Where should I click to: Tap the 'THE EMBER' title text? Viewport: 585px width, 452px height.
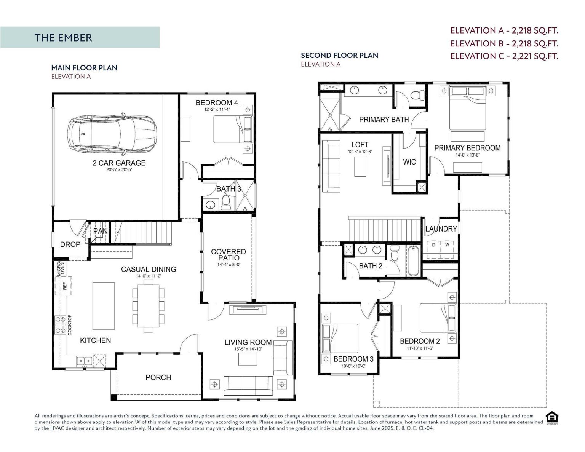pos(63,38)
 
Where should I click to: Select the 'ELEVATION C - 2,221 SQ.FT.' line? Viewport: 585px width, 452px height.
pos(504,56)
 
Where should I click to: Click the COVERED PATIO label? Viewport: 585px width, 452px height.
pos(229,255)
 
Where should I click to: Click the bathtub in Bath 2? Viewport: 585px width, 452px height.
pos(413,261)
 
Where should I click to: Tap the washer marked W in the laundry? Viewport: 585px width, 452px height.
pos(447,245)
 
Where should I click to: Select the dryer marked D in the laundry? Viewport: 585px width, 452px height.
pos(433,245)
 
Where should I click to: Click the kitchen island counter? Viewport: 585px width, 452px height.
pos(104,306)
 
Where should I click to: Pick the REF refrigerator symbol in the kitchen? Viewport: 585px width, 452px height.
pos(64,286)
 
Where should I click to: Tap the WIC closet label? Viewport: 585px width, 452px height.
pos(409,162)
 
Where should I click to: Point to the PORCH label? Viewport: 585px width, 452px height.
pos(158,377)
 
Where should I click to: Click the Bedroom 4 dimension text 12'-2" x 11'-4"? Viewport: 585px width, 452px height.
pos(217,109)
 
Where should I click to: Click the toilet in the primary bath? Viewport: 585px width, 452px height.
pos(419,94)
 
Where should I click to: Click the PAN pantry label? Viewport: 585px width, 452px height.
pos(100,231)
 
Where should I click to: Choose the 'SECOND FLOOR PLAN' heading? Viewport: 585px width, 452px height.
pos(339,55)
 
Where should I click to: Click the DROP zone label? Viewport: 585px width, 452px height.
pos(70,244)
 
